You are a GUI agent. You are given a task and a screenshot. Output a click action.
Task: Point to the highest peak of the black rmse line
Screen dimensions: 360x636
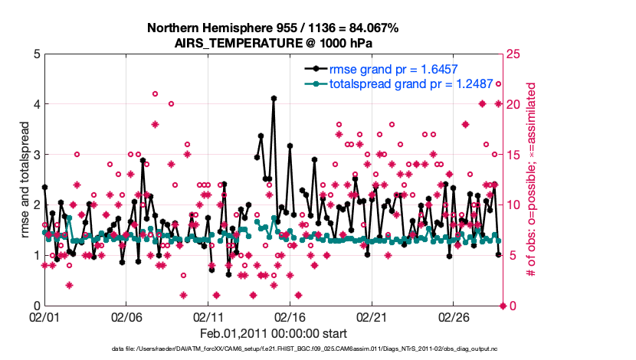pos(274,98)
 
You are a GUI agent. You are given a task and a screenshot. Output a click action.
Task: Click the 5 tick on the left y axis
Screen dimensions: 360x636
pos(33,54)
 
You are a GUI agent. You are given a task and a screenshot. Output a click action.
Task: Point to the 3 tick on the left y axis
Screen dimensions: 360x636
pos(33,155)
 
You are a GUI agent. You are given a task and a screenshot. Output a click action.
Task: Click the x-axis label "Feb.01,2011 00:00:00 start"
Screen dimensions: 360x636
pos(273,334)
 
